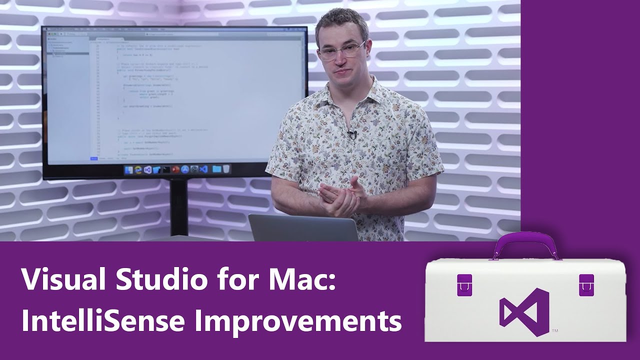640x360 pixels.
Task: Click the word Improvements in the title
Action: [x=298, y=322]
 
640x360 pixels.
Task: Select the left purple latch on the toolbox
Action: [x=464, y=284]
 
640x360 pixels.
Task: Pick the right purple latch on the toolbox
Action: [x=586, y=284]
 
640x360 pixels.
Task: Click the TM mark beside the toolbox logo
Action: [x=554, y=331]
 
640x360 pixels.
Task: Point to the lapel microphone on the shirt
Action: [x=352, y=134]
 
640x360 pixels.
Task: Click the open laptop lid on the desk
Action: [x=303, y=228]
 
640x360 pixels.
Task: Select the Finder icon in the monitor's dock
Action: [x=128, y=170]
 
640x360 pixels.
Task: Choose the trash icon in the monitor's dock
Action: [x=227, y=169]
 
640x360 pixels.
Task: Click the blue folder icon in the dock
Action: [x=216, y=169]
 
